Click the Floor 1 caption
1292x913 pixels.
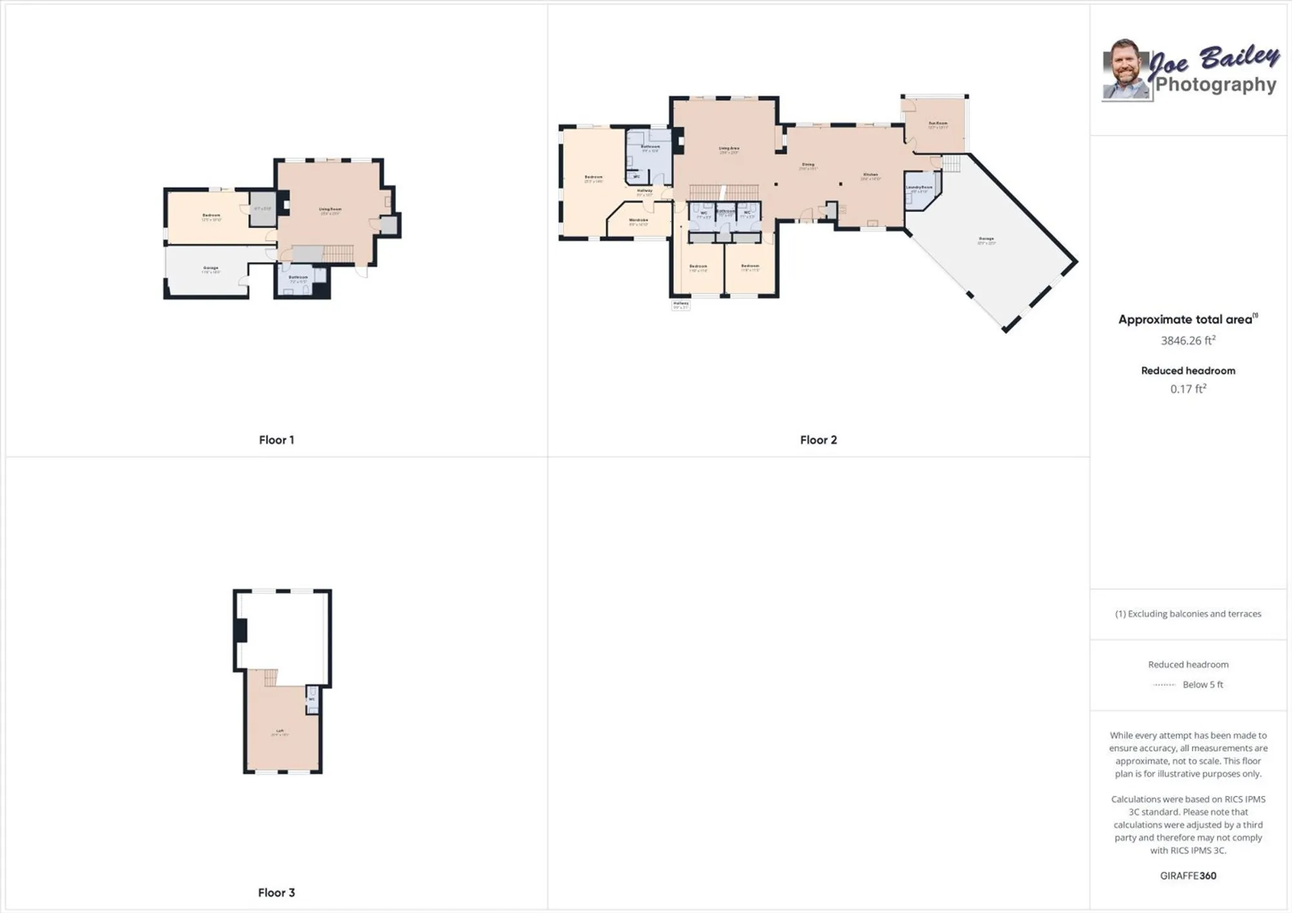[x=276, y=440]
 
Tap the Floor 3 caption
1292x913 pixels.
[x=276, y=892]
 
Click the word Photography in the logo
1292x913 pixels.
[x=1215, y=85]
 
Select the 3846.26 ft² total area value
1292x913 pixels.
[x=1187, y=340]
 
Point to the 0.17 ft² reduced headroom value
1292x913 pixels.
[x=1187, y=389]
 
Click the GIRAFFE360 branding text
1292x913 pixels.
[x=1187, y=876]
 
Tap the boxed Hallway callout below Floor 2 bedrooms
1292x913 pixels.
[x=681, y=305]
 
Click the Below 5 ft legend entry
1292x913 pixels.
[x=1202, y=684]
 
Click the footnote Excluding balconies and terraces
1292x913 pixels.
[x=1187, y=613]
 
